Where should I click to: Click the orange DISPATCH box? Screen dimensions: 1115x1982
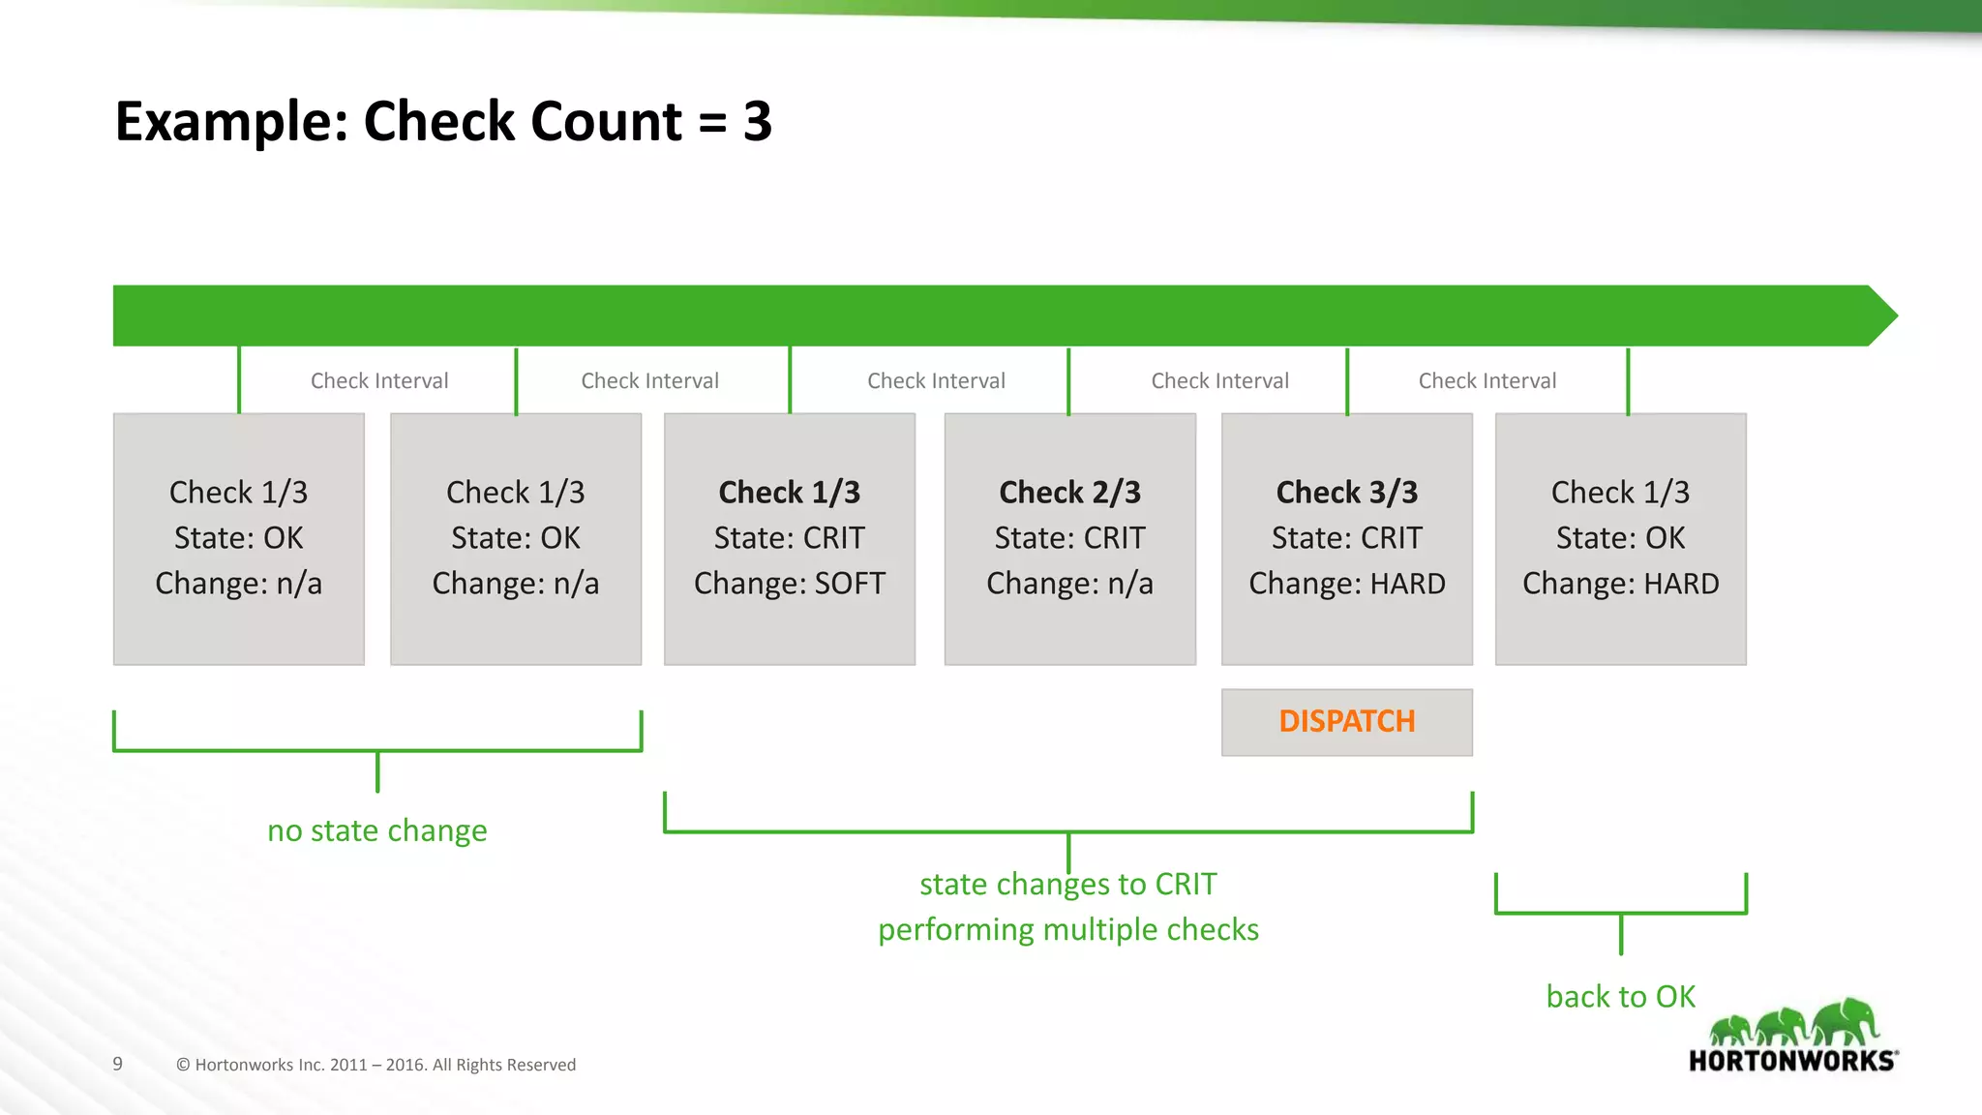(x=1346, y=722)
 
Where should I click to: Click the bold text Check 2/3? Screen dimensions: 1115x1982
(x=1069, y=493)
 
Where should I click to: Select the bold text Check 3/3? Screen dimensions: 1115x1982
(x=1346, y=493)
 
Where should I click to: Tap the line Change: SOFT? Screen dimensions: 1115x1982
(x=789, y=584)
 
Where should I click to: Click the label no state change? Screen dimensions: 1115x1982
(x=376, y=830)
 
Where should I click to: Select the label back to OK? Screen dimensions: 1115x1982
(x=1620, y=997)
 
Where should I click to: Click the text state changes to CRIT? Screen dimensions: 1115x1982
(x=1067, y=884)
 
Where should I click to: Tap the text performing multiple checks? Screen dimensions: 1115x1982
(x=1067, y=930)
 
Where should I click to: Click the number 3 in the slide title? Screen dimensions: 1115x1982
(x=757, y=122)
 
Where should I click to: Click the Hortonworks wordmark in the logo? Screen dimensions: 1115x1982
(x=1792, y=1061)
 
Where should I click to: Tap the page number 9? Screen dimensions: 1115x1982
(x=117, y=1064)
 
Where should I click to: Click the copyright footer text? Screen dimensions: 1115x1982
(x=375, y=1065)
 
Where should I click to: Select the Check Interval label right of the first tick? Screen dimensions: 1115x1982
(x=378, y=381)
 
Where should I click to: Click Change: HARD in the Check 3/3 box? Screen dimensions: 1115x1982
(x=1346, y=584)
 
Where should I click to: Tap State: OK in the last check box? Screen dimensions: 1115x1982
(x=1620, y=538)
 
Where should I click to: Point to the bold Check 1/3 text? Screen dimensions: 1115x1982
(x=789, y=493)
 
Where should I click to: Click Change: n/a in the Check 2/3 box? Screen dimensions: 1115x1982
(x=1069, y=584)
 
